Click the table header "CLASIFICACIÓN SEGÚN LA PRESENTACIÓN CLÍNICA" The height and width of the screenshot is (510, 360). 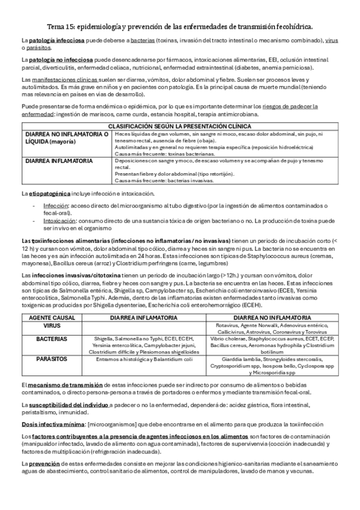180,127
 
